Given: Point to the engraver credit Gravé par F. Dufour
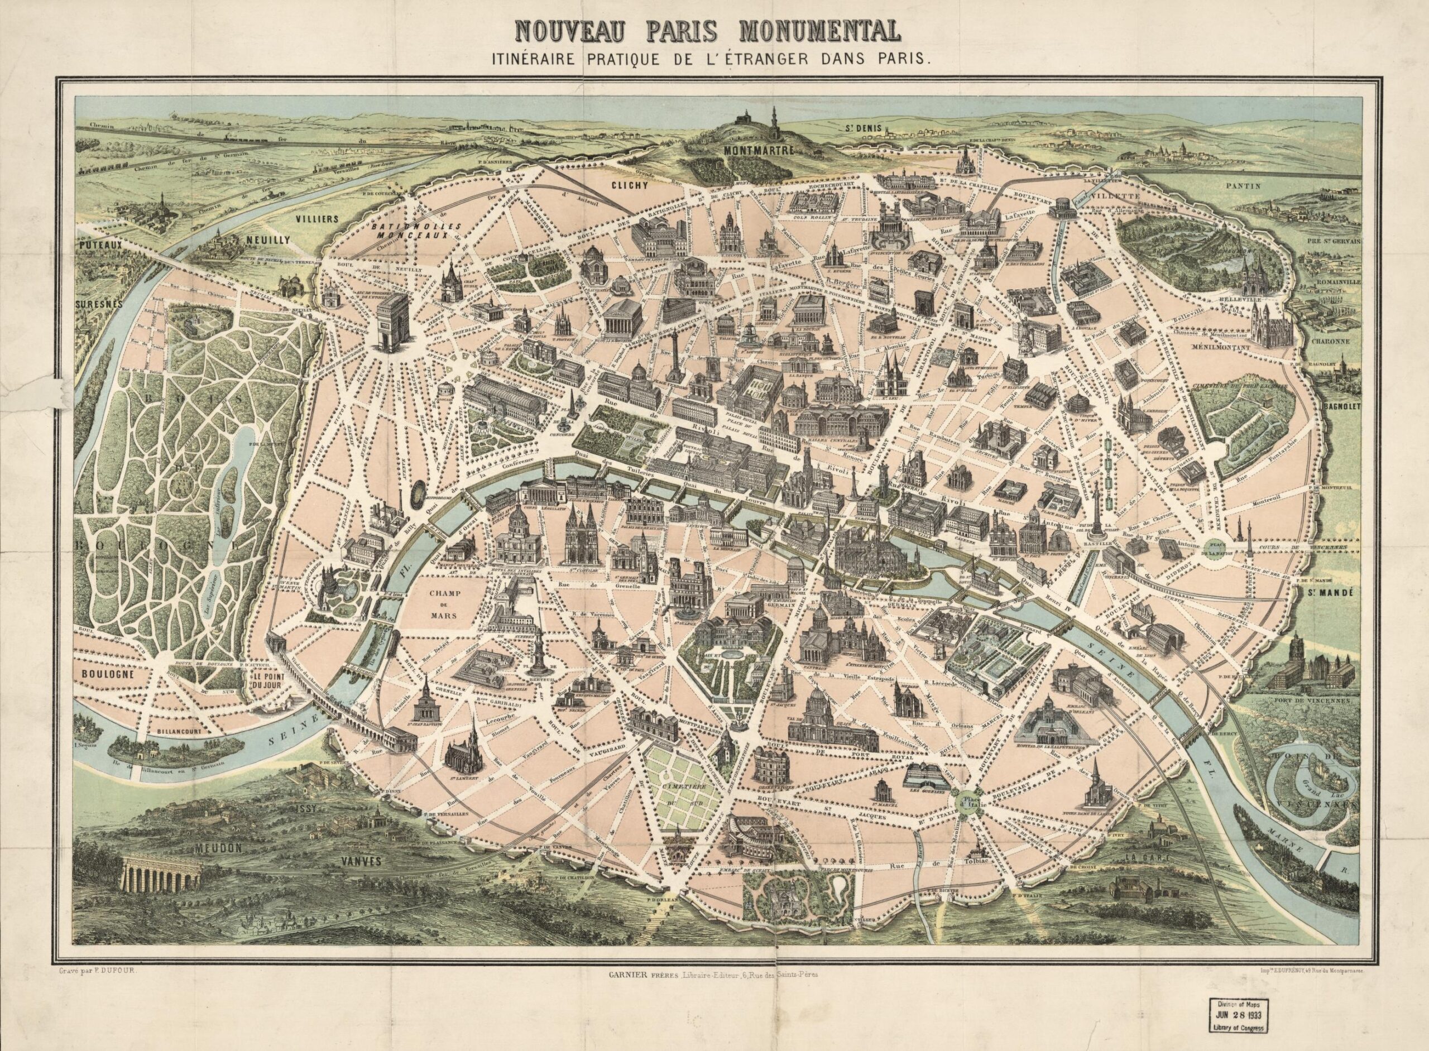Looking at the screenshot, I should pyautogui.click(x=94, y=969).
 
